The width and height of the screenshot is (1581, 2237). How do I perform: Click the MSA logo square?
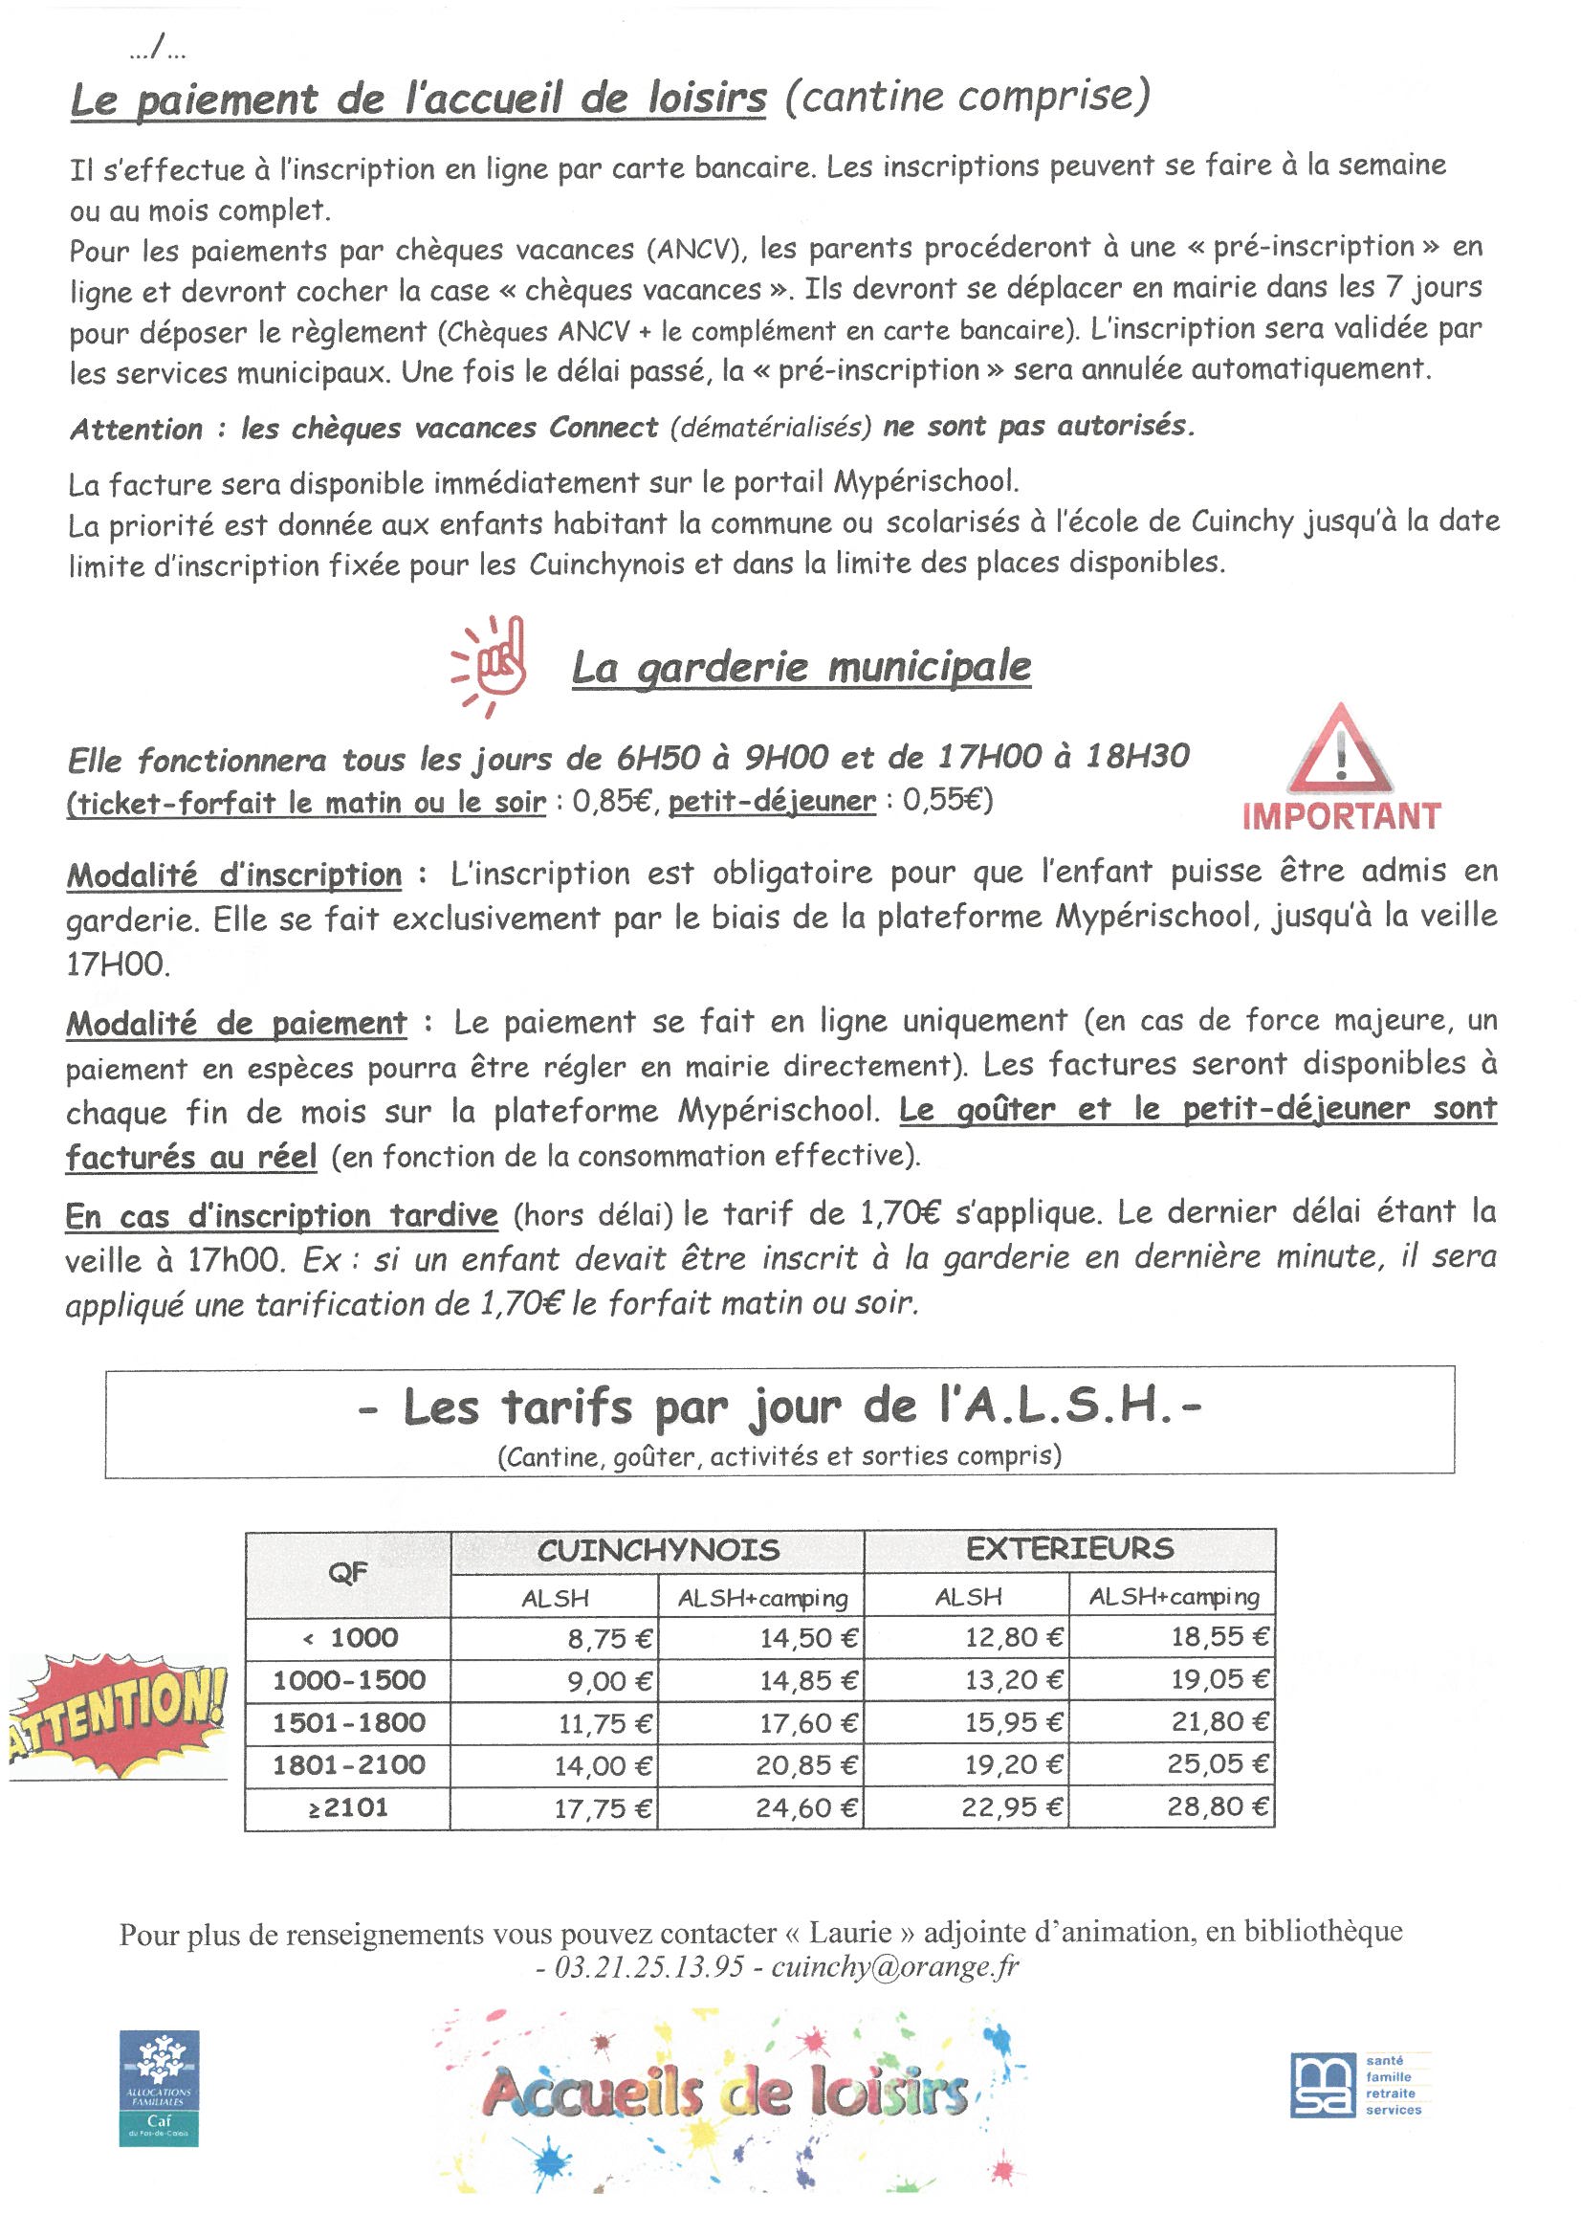1321,2084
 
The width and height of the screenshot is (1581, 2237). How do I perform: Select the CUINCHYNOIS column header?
657,1550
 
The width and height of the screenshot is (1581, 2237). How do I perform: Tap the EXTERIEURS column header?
1068,1549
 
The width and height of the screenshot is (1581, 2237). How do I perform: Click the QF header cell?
348,1573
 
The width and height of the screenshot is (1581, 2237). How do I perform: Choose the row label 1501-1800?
348,1722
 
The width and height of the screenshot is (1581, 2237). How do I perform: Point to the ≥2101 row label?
348,1807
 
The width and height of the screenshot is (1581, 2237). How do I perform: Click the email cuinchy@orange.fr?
894,1967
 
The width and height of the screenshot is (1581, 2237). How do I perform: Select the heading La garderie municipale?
800,668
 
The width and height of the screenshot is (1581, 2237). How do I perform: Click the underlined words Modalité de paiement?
236,1023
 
